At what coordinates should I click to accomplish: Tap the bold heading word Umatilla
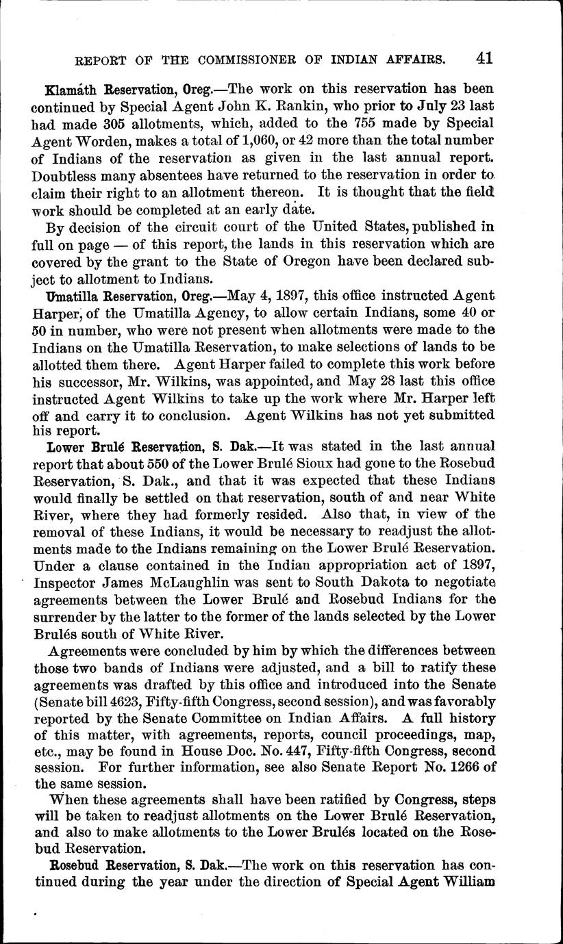pyautogui.click(x=69, y=296)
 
